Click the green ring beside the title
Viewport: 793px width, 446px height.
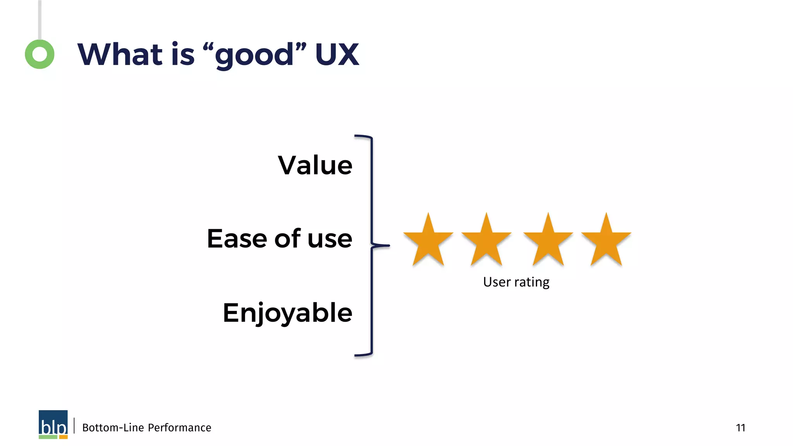click(x=39, y=54)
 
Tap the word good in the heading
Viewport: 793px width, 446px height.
click(x=254, y=56)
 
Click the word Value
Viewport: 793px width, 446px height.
click(x=315, y=165)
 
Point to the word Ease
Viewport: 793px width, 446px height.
click(x=237, y=238)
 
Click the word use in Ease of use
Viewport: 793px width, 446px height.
click(x=330, y=239)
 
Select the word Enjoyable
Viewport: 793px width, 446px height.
click(x=287, y=313)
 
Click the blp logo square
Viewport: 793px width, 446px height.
click(x=53, y=424)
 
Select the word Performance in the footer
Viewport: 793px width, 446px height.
click(x=179, y=427)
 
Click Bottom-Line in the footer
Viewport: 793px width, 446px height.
click(x=113, y=427)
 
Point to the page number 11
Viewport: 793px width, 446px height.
click(x=740, y=427)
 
